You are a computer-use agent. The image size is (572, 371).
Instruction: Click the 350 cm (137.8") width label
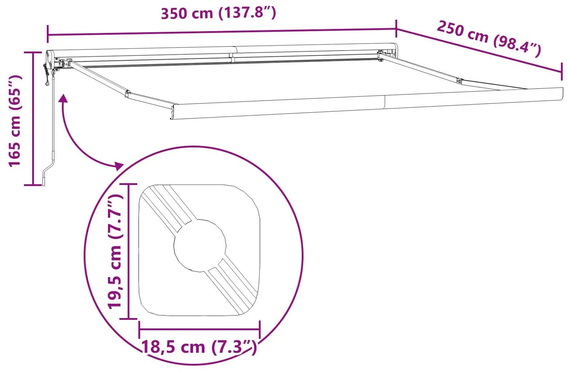(218, 13)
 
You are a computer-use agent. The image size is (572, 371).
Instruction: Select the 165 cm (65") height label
(15, 121)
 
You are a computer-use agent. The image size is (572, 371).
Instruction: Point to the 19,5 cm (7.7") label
(115, 251)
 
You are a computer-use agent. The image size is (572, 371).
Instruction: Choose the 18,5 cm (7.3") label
(199, 347)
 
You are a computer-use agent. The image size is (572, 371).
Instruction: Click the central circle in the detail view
(200, 245)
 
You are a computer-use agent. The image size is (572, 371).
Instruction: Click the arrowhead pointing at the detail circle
(118, 165)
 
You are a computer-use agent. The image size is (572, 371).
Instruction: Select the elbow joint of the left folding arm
(127, 94)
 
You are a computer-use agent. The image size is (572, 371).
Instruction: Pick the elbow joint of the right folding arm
(459, 81)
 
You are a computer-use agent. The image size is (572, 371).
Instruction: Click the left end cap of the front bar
(173, 112)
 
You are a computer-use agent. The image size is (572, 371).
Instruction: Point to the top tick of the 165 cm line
(33, 52)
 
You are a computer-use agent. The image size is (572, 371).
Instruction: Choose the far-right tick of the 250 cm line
(562, 72)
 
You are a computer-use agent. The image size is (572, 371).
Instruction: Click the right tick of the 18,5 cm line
(260, 329)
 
